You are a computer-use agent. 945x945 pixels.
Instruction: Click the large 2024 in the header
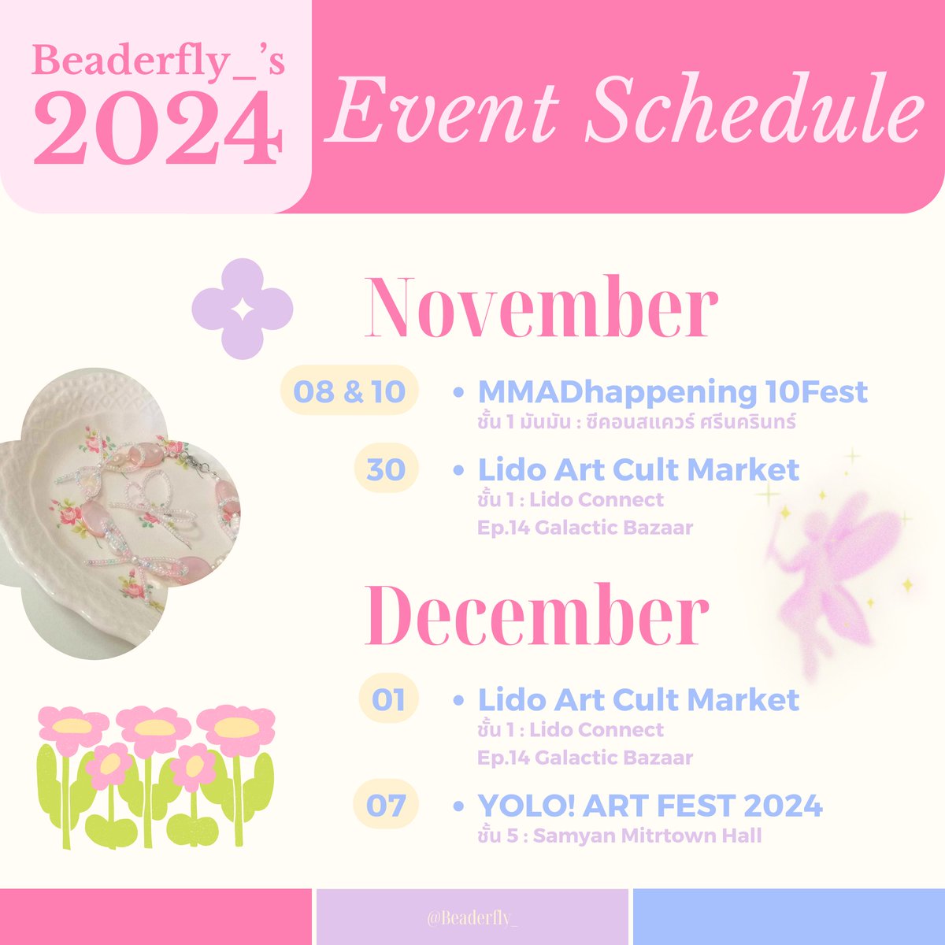point(157,129)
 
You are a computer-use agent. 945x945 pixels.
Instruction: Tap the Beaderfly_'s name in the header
point(157,61)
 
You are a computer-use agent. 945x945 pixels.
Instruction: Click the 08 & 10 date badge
point(349,391)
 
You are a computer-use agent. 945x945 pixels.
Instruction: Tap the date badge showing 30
point(386,469)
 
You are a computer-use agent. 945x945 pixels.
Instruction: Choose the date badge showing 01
point(387,699)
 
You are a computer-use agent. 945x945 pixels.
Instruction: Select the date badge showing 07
point(386,806)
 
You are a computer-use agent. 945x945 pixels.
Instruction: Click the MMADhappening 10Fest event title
point(673,391)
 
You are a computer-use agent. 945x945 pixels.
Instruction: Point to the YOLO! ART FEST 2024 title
point(650,806)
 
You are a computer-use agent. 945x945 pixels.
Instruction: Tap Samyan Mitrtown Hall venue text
point(647,836)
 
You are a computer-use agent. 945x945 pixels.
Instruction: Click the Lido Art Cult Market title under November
point(639,470)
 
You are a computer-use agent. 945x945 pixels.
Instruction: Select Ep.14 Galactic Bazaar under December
point(585,758)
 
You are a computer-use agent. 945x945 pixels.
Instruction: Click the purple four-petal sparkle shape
point(243,309)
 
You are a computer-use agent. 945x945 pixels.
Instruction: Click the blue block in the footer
point(787,917)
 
